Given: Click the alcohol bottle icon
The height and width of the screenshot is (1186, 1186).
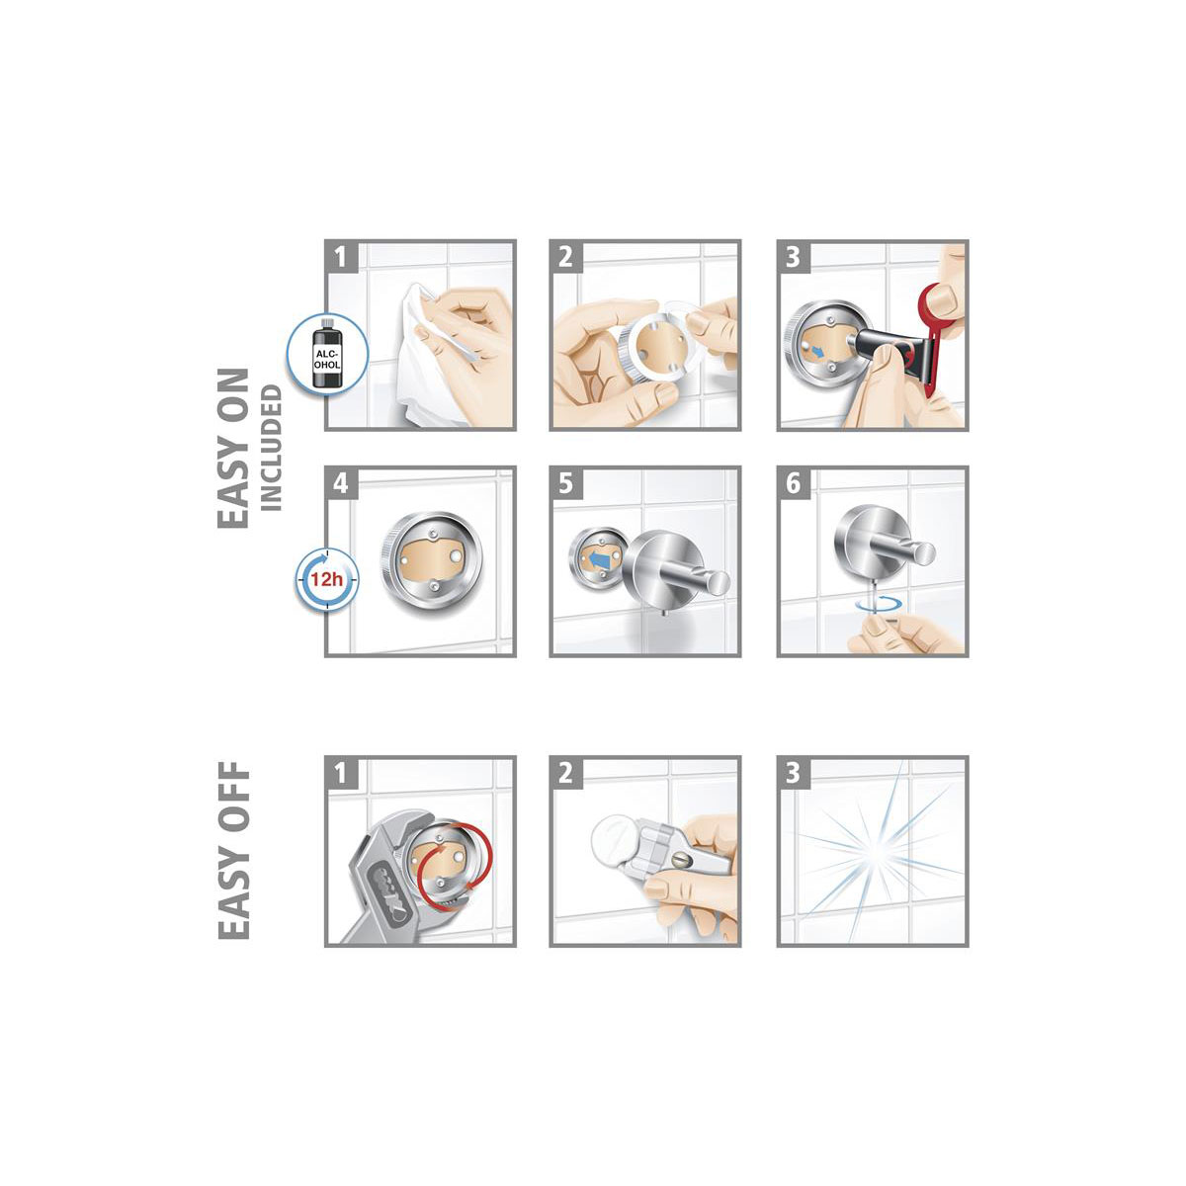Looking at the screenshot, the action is coord(327,353).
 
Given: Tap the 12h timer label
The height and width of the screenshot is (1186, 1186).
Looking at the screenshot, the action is coord(325,579).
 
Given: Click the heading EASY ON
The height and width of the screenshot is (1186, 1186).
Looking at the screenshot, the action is coord(233,448).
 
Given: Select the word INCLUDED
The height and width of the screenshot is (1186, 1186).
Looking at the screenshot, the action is coord(272,448).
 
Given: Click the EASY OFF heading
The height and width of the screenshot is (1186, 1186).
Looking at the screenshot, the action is coord(234,851).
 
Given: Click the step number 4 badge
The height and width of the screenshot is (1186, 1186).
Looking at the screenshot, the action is coord(340,483).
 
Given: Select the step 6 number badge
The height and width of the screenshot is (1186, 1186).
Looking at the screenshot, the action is coord(794,483).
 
